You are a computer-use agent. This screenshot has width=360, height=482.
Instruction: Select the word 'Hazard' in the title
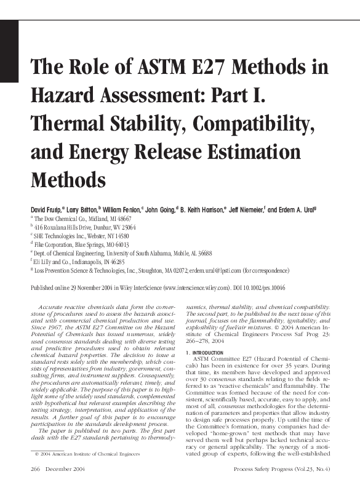[x=63, y=96]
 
